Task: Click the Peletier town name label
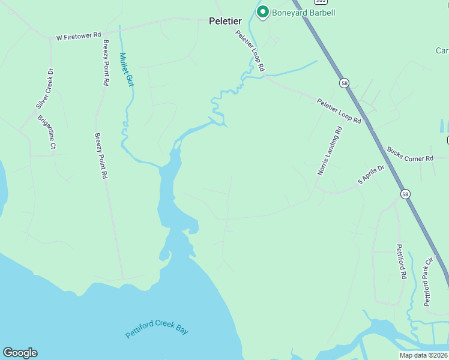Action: (x=225, y=20)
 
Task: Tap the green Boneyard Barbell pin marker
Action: (x=262, y=11)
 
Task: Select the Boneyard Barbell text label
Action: (x=303, y=13)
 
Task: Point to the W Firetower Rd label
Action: (x=79, y=37)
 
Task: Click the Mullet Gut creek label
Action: (x=126, y=70)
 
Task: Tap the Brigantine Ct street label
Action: (x=47, y=132)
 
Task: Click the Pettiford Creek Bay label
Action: (x=157, y=329)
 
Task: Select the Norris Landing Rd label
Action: (x=330, y=151)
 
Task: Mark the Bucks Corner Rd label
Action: (x=410, y=154)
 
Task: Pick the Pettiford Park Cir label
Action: (x=428, y=281)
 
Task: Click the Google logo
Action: (x=20, y=353)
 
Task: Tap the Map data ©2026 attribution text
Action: (x=423, y=355)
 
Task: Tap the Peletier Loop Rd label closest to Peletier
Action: (x=250, y=51)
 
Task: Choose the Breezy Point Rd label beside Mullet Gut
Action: (x=106, y=63)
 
